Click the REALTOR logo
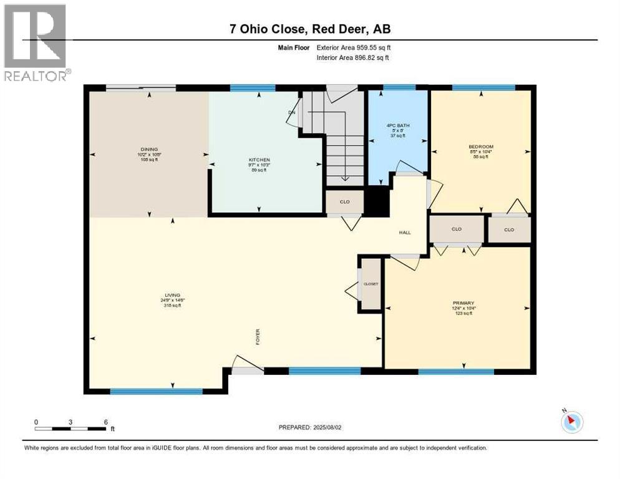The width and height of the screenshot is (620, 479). coord(36,42)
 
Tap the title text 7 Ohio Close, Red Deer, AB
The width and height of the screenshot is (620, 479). coord(310,29)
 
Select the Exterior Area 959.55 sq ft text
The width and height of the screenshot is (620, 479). coord(354,47)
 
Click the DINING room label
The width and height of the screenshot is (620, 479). coord(149,150)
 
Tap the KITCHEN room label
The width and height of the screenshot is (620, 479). coord(259,160)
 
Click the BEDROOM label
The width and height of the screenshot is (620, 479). coord(481,147)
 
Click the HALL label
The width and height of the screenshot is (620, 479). coord(405,233)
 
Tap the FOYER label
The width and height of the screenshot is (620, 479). coord(257,336)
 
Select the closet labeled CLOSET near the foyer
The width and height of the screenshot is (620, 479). coord(371,284)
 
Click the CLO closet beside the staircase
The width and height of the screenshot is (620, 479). coord(344,201)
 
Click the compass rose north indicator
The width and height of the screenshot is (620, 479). coord(571,422)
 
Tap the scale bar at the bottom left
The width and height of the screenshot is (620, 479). coord(70,428)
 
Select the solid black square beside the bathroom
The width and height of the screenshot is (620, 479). coord(376,201)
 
